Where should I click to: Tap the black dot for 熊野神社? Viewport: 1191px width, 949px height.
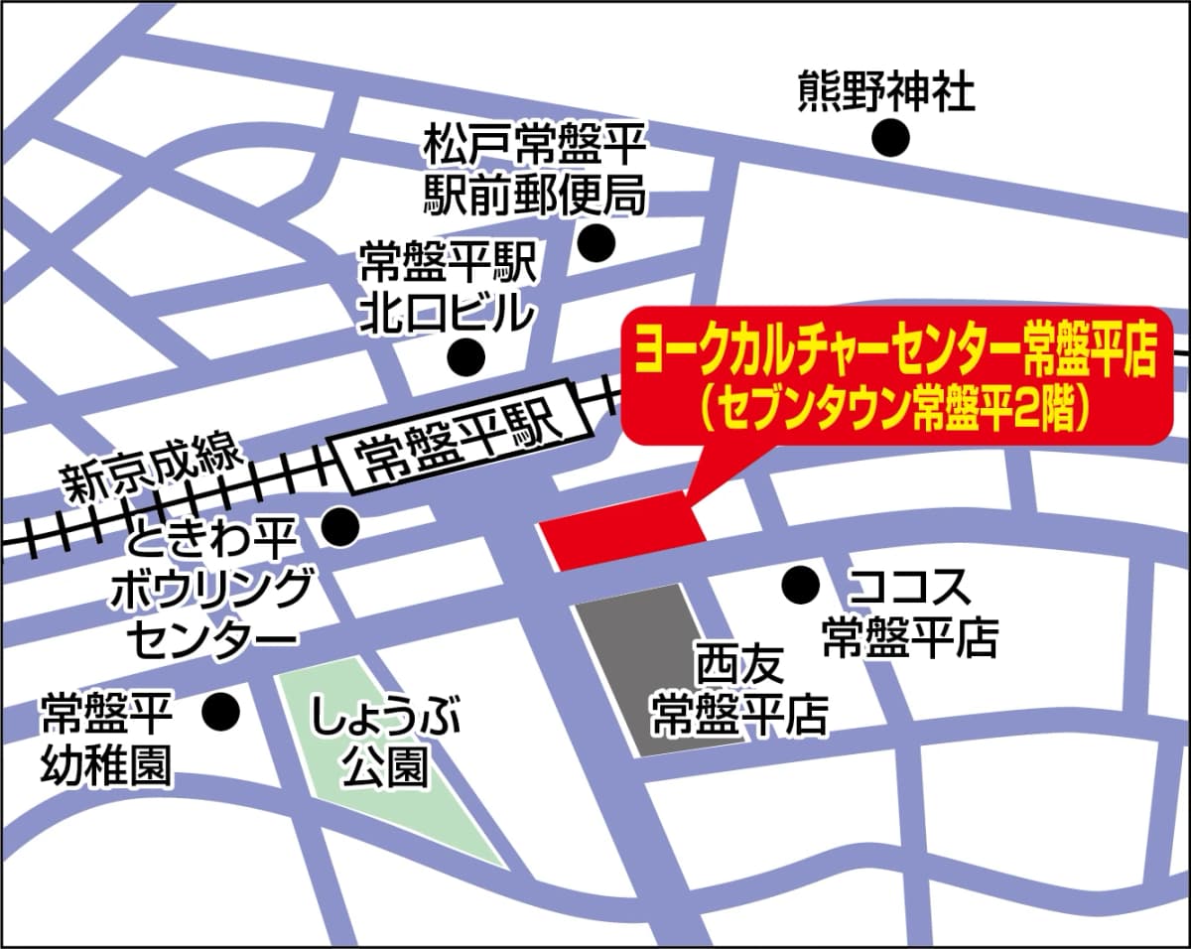(890, 137)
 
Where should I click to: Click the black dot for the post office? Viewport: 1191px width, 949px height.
(597, 241)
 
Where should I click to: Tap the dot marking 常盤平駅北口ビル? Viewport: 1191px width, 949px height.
(464, 354)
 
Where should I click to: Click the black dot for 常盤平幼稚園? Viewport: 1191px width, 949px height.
(220, 711)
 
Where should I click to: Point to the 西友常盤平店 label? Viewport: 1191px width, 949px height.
(739, 689)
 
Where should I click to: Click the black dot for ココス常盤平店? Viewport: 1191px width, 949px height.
(800, 585)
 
